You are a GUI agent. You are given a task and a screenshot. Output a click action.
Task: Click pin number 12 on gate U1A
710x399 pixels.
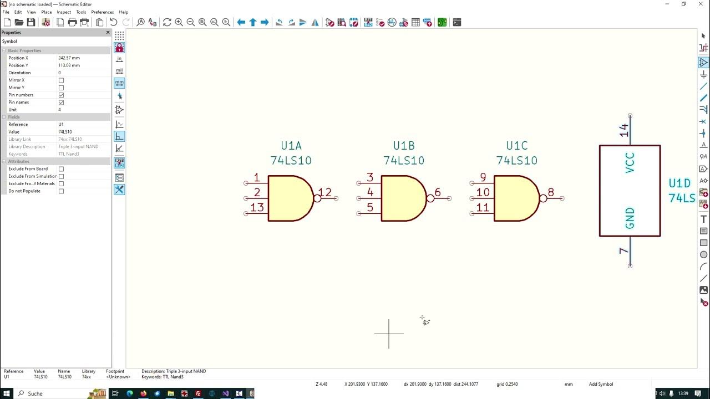(325, 193)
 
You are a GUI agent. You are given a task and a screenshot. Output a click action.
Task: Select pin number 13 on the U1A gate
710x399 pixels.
(257, 207)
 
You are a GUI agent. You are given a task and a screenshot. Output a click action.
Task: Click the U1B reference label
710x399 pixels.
(404, 146)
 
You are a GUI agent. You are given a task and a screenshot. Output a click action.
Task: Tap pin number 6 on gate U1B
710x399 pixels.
(438, 193)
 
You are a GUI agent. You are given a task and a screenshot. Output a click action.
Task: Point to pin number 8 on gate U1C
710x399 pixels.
(551, 193)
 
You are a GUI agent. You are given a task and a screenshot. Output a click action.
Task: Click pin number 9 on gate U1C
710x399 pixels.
(483, 177)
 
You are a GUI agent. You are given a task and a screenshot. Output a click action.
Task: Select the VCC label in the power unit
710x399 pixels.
(630, 163)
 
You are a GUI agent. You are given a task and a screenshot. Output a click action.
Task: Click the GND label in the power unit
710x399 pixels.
(630, 218)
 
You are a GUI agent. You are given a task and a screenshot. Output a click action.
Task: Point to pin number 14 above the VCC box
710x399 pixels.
(625, 131)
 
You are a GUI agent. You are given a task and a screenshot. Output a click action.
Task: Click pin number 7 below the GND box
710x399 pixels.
(625, 251)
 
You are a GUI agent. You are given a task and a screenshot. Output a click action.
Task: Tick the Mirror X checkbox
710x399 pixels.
(61, 80)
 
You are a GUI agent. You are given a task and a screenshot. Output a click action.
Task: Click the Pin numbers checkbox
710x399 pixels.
(61, 95)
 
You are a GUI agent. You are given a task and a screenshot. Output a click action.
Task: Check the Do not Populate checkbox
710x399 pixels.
(61, 191)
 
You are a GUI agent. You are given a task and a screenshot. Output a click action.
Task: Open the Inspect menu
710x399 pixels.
(64, 12)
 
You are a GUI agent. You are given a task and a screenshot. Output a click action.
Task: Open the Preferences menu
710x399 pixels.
(102, 12)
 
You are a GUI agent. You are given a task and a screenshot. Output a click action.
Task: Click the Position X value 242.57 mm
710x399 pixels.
(69, 58)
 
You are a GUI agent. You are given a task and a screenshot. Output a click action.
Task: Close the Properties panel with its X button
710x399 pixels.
(108, 33)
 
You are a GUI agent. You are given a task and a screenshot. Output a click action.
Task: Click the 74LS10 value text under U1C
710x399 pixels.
(516, 161)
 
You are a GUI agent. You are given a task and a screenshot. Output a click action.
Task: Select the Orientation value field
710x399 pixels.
(83, 73)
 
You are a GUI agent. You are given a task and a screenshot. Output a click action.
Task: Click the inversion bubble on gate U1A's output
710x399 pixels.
(317, 198)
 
